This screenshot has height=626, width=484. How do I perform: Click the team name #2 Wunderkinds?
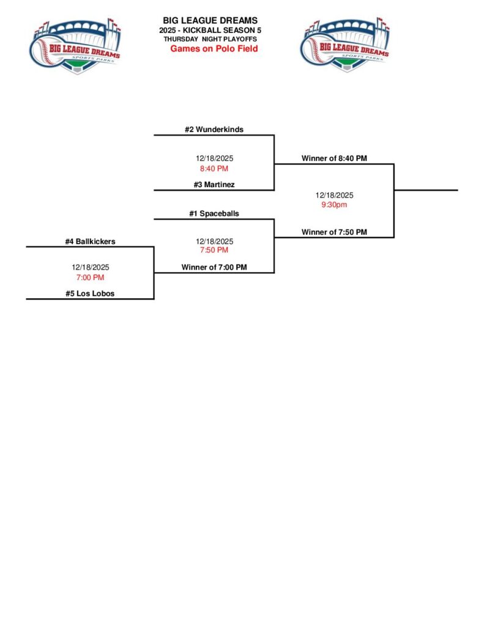pyautogui.click(x=214, y=130)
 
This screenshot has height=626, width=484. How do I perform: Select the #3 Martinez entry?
pyautogui.click(x=214, y=185)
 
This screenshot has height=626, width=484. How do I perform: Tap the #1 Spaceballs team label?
pyautogui.click(x=214, y=214)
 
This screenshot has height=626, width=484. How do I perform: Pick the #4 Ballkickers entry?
pyautogui.click(x=90, y=241)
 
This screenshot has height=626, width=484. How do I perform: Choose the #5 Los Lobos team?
pyautogui.click(x=90, y=293)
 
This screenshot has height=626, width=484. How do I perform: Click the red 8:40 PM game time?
pyautogui.click(x=214, y=169)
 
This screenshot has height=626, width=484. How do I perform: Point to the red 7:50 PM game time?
pyautogui.click(x=214, y=250)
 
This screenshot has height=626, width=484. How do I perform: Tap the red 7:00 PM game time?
pyautogui.click(x=90, y=278)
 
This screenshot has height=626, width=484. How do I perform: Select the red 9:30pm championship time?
pyautogui.click(x=334, y=205)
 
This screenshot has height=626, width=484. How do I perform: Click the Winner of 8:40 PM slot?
pyautogui.click(x=334, y=158)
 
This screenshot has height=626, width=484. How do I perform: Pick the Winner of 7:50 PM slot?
pyautogui.click(x=334, y=232)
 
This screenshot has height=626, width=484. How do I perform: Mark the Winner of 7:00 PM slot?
pyautogui.click(x=214, y=267)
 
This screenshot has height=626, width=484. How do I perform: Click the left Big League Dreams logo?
pyautogui.click(x=75, y=45)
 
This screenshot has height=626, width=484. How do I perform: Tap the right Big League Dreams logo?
pyautogui.click(x=344, y=45)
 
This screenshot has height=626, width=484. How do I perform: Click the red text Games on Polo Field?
pyautogui.click(x=214, y=48)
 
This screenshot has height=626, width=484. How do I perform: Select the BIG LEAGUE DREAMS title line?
pyautogui.click(x=210, y=21)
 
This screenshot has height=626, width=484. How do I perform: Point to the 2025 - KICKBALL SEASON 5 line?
pyautogui.click(x=210, y=30)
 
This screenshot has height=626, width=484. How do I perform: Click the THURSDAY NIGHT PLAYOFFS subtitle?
pyautogui.click(x=210, y=39)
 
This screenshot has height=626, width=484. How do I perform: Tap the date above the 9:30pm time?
pyautogui.click(x=334, y=195)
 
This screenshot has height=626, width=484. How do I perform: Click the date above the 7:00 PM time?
pyautogui.click(x=90, y=267)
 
